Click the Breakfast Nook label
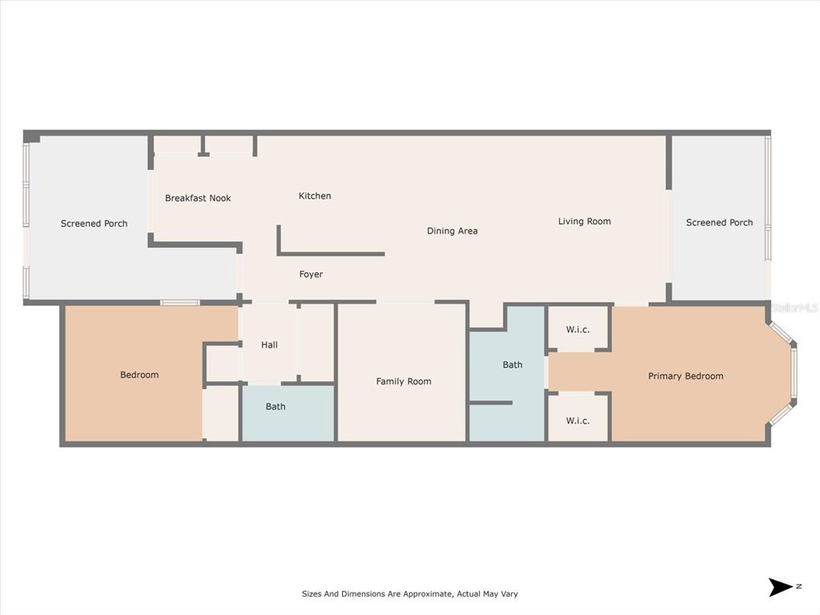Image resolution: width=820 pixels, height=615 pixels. tap(198, 198)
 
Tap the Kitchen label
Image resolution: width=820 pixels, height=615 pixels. tap(315, 195)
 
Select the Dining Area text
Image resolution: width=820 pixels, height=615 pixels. tap(452, 231)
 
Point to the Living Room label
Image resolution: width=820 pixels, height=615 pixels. tap(584, 221)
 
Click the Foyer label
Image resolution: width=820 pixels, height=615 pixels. tap(312, 274)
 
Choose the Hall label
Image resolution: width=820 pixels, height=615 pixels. tap(269, 344)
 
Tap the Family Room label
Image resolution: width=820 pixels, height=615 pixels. tap(404, 381)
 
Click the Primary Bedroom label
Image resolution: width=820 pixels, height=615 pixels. tap(685, 376)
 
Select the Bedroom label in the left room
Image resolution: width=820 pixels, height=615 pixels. tap(139, 375)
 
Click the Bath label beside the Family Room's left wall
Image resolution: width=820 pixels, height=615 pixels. tap(275, 406)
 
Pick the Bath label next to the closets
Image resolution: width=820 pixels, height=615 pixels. tap(512, 364)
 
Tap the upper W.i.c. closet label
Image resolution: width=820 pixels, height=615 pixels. tap(578, 329)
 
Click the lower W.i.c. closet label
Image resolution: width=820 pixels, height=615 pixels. tap(578, 420)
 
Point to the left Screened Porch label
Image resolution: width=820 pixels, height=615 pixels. tap(94, 223)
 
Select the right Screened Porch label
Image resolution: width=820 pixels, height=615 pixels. tap(720, 223)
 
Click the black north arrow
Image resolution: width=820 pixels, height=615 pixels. tap(780, 587)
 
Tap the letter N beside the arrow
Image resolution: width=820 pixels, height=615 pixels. tap(798, 586)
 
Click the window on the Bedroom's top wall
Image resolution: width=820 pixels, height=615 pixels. tap(180, 302)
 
